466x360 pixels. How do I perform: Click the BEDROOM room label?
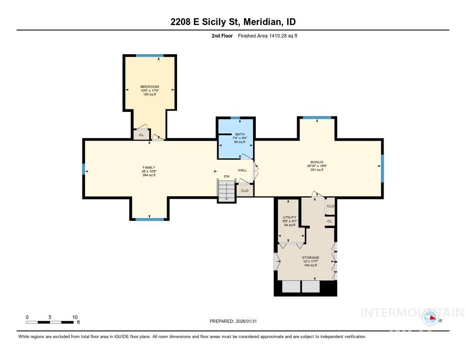(149, 86)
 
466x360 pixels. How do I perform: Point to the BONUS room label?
(317, 162)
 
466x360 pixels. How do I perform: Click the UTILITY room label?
(289, 218)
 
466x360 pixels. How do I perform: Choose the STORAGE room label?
(310, 258)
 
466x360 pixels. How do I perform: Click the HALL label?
(242, 170)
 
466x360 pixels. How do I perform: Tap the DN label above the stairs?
(227, 177)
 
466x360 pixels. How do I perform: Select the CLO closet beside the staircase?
(245, 191)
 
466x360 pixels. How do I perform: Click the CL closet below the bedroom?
(141, 135)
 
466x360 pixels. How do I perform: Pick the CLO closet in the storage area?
(330, 206)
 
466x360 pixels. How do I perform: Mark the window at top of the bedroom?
(149, 56)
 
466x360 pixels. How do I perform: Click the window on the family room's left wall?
(84, 169)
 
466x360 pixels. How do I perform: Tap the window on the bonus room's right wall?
(382, 167)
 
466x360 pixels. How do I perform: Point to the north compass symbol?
(431, 318)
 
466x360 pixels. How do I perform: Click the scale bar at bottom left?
(51, 322)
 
